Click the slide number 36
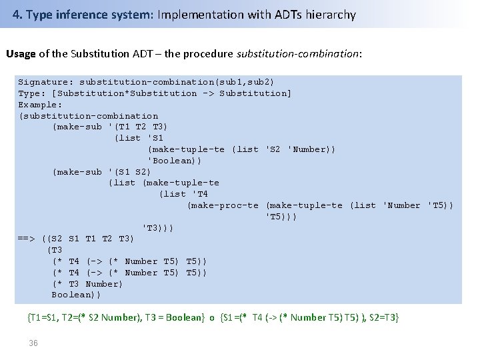click(x=33, y=343)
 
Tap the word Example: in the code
click(x=40, y=105)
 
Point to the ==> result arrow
click(x=27, y=239)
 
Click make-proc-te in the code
click(x=223, y=205)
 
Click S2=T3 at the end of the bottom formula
click(x=383, y=318)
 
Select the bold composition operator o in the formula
click(x=212, y=318)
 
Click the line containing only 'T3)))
click(x=158, y=227)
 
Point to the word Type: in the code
click(x=32, y=93)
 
